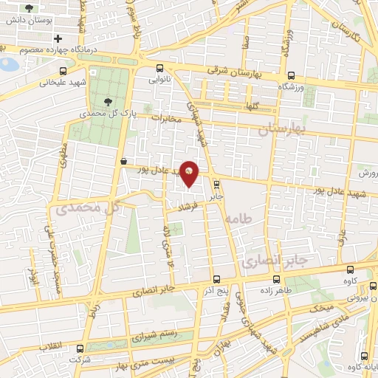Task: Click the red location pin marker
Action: pos(190,173)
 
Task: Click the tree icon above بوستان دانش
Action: pos(30,8)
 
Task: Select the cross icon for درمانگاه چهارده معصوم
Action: pos(58,38)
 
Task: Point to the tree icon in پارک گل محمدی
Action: pos(109,102)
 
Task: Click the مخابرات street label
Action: pos(165,117)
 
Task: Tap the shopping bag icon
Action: pos(123,161)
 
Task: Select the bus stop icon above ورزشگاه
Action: pos(291,75)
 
